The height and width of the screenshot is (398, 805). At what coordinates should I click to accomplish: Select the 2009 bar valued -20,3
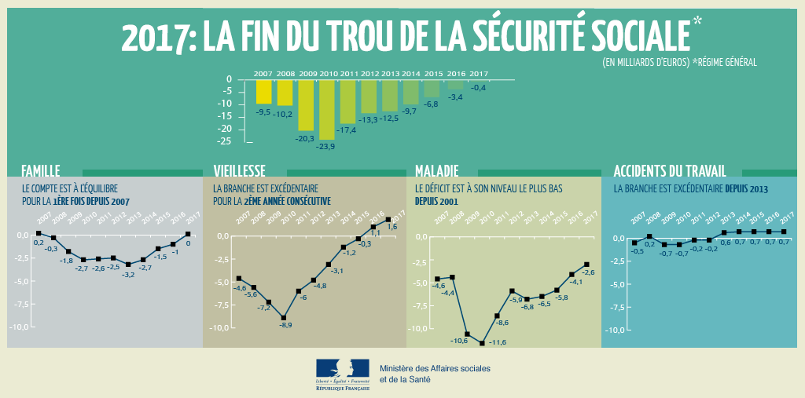pos(306,105)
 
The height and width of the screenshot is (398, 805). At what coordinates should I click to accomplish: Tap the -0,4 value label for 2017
pos(478,88)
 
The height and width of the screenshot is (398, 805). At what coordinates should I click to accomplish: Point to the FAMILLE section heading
pos(41,170)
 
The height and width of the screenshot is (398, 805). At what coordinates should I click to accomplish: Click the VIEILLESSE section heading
pos(239,170)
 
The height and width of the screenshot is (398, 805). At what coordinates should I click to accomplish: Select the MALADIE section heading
pos(436,170)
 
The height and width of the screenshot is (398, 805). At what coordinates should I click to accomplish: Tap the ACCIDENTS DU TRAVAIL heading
pos(669,170)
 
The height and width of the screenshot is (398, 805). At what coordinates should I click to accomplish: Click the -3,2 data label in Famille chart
pos(127,275)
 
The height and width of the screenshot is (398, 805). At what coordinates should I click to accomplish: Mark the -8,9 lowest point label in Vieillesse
pos(285,325)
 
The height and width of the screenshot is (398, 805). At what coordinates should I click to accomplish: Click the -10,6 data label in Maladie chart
pos(459,341)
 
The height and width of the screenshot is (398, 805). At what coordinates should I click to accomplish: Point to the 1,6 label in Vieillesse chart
pos(392,227)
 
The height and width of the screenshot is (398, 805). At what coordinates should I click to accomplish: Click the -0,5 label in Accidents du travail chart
pos(637,251)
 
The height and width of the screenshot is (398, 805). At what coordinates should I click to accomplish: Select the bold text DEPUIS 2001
pos(436,201)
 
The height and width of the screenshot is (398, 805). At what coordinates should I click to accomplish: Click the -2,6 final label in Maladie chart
pos(588,272)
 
